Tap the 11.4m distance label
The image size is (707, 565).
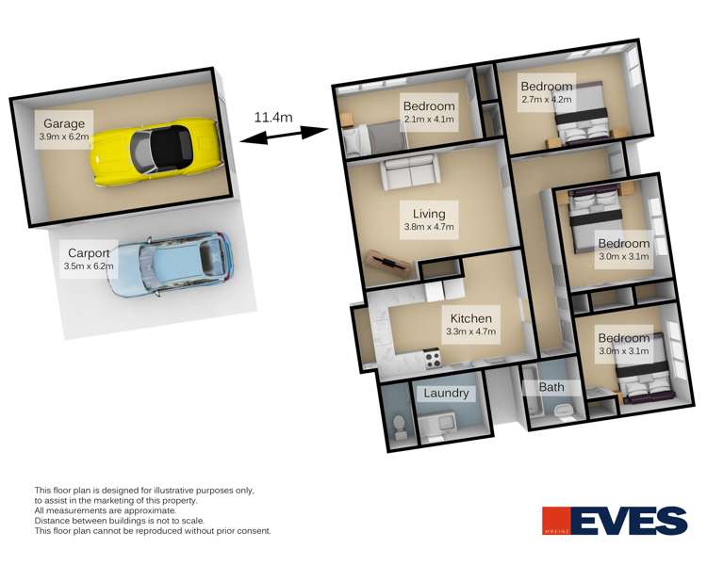coord(272,118)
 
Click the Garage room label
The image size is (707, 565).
coord(62,123)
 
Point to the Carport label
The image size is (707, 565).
coord(90,252)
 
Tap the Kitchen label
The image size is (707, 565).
coord(470,318)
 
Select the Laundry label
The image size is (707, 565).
coord(446,393)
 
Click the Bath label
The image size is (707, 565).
coord(551,387)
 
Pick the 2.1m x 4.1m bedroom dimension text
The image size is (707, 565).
coord(429,120)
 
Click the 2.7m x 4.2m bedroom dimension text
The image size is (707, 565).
coord(547,100)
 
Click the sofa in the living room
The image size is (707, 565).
coord(408,173)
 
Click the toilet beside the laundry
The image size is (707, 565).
coord(400,426)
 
